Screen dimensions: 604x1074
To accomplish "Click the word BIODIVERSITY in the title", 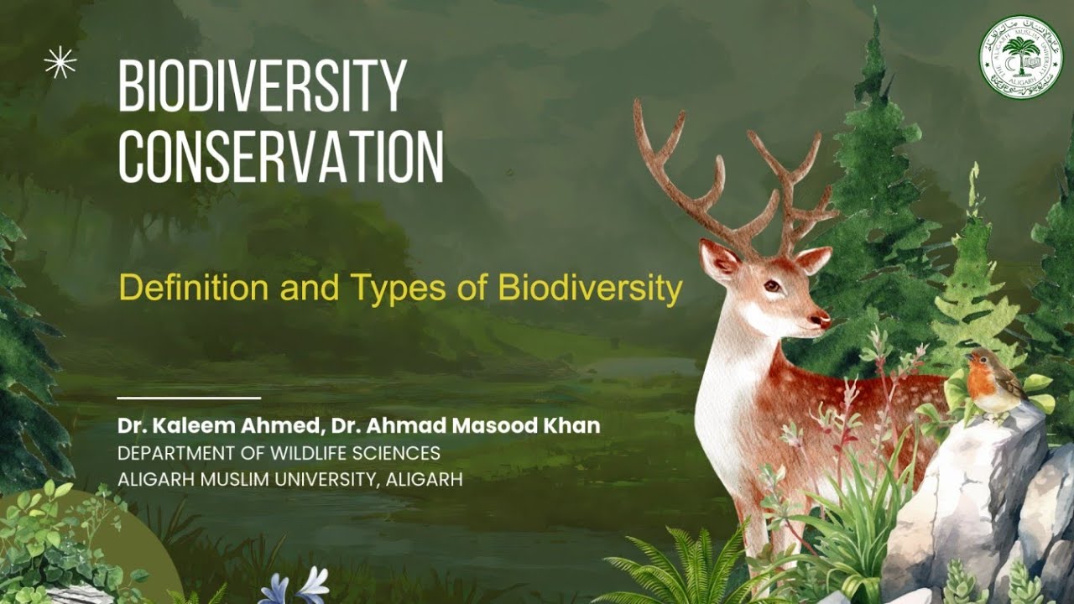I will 263,87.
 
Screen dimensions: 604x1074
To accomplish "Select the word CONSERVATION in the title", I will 280,157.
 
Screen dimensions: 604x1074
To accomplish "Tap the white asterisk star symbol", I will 60,62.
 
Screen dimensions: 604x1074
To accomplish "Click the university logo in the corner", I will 1020,57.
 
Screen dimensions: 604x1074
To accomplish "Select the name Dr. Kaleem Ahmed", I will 216,425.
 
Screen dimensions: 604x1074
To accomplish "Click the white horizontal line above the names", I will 189,398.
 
